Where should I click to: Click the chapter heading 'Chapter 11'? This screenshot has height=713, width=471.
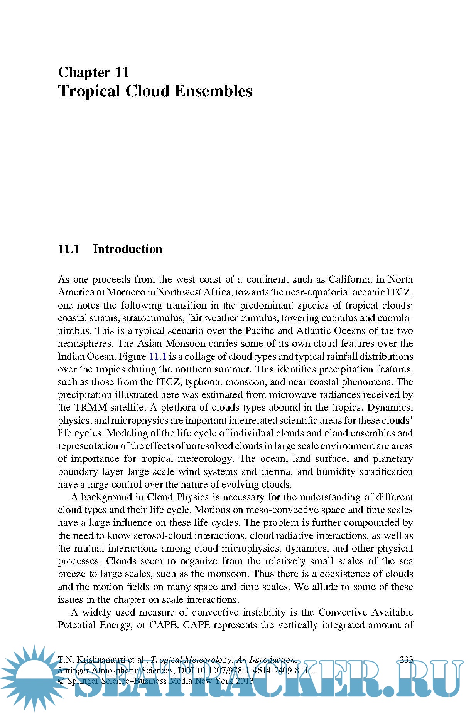[x=93, y=72]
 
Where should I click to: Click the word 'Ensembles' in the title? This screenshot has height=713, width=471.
[x=213, y=91]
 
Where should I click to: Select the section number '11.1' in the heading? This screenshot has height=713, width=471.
[x=69, y=249]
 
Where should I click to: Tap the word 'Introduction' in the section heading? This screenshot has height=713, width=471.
[x=127, y=249]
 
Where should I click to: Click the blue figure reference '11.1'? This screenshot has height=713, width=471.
[x=157, y=356]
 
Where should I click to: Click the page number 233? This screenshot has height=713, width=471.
[x=407, y=659]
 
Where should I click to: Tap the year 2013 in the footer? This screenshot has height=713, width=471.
[x=245, y=681]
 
